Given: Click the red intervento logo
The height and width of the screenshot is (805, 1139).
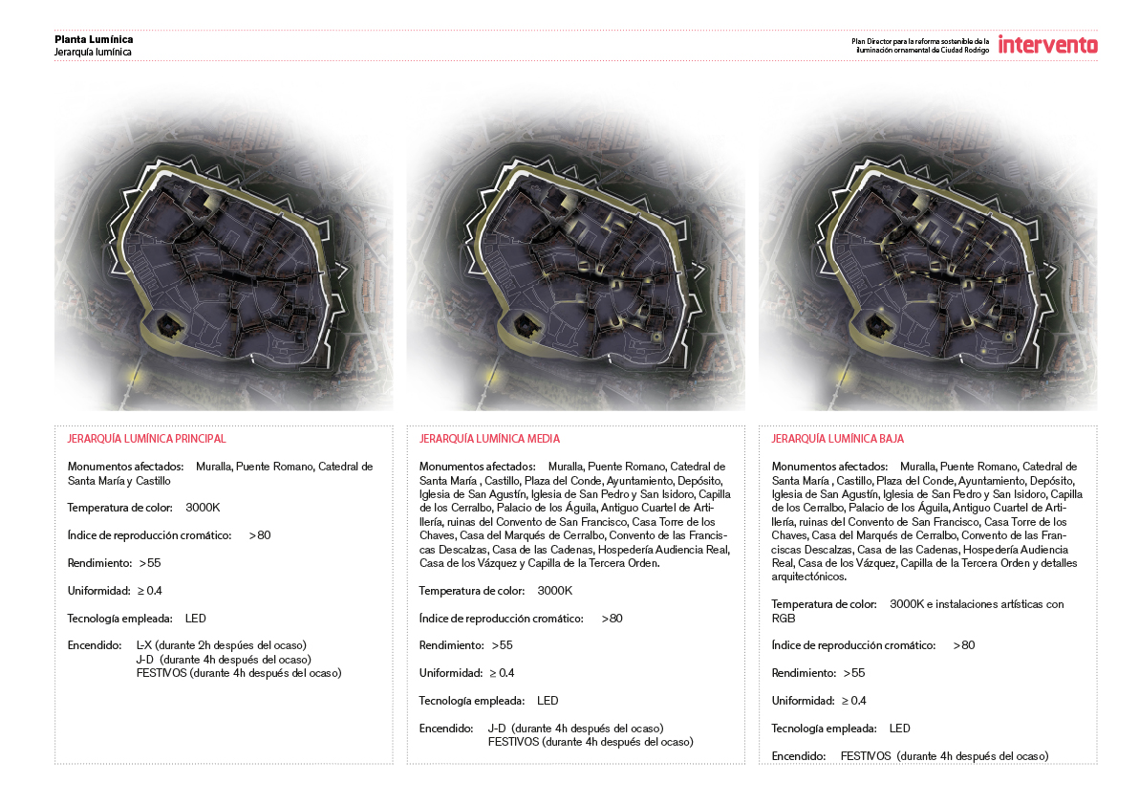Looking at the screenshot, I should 1047,44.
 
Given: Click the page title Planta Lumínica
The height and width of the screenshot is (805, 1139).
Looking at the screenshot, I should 94,39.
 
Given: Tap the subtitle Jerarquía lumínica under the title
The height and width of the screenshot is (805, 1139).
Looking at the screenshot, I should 93,53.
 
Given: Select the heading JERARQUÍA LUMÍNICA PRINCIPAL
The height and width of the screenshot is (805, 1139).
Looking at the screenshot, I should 146,439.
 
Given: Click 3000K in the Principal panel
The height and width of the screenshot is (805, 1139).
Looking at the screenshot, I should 204,508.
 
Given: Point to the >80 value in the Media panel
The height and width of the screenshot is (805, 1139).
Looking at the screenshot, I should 612,619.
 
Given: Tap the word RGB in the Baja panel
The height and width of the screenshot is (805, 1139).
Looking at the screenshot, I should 783,618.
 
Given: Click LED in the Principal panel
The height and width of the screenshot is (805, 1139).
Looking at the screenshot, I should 195,618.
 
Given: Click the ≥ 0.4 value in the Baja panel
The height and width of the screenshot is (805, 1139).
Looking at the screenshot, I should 853,701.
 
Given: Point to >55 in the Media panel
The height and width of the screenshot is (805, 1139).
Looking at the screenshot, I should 502,645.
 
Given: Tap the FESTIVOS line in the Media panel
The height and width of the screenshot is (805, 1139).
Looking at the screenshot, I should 590,742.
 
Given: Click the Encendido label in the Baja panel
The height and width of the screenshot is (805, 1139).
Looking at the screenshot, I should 798,756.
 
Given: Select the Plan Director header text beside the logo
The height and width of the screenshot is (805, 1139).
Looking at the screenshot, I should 920,45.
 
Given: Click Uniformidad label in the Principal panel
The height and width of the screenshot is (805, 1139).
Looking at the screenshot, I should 99,591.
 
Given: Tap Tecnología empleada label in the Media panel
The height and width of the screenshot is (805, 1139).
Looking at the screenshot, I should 471,701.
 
